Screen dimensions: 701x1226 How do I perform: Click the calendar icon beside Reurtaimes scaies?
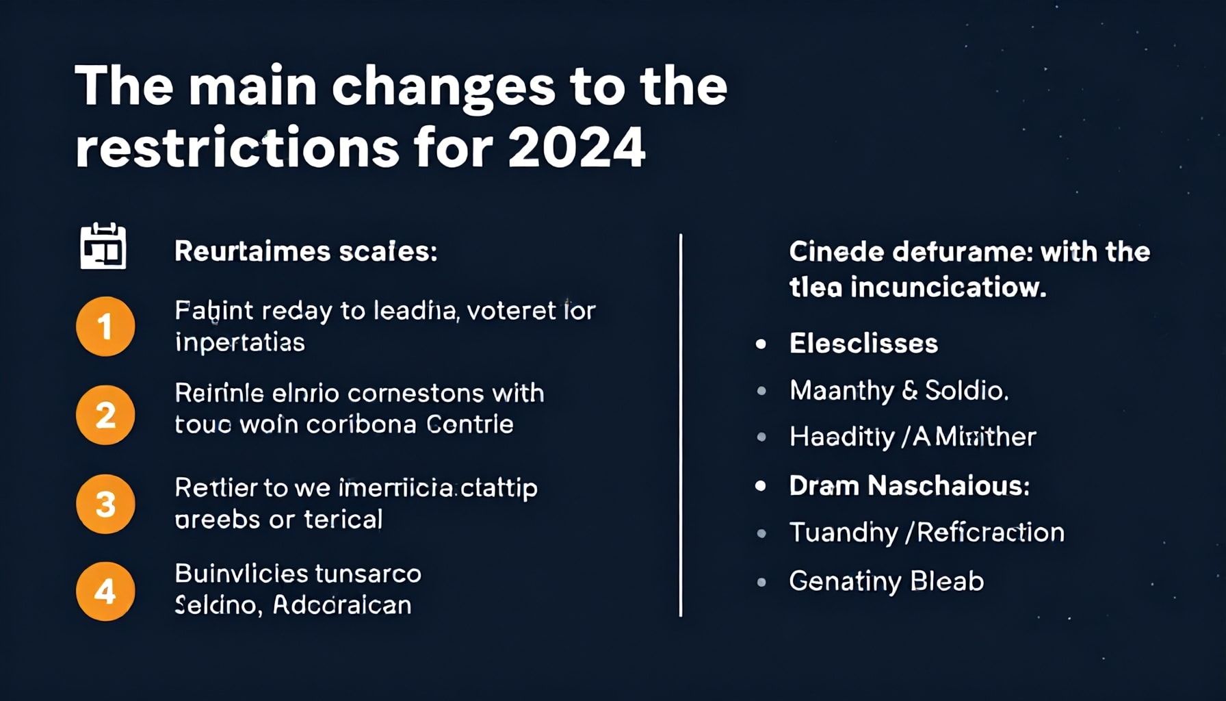tap(103, 246)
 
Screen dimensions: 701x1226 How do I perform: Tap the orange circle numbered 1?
tap(105, 326)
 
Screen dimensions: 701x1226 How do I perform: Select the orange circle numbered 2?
tap(105, 415)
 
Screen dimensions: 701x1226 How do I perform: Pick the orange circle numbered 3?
tap(105, 504)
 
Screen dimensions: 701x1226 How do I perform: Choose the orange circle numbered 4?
tap(105, 591)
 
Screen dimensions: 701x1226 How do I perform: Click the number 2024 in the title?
tap(577, 147)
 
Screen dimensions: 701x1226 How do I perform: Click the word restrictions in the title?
tap(237, 147)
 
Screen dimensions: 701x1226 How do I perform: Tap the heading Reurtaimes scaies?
tap(306, 251)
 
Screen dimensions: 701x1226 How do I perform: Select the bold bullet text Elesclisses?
tap(863, 343)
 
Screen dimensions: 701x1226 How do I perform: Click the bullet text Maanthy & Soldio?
tap(898, 390)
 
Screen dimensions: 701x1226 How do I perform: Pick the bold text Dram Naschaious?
tap(909, 485)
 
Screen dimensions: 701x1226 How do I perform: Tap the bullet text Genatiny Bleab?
tap(886, 581)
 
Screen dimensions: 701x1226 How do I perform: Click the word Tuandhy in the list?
tap(843, 533)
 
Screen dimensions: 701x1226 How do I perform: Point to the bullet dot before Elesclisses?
tap(761, 344)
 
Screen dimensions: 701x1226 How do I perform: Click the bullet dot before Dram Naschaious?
tap(761, 486)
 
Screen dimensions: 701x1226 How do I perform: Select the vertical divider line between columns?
tap(681, 424)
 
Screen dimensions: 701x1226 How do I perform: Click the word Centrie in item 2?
tap(470, 424)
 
